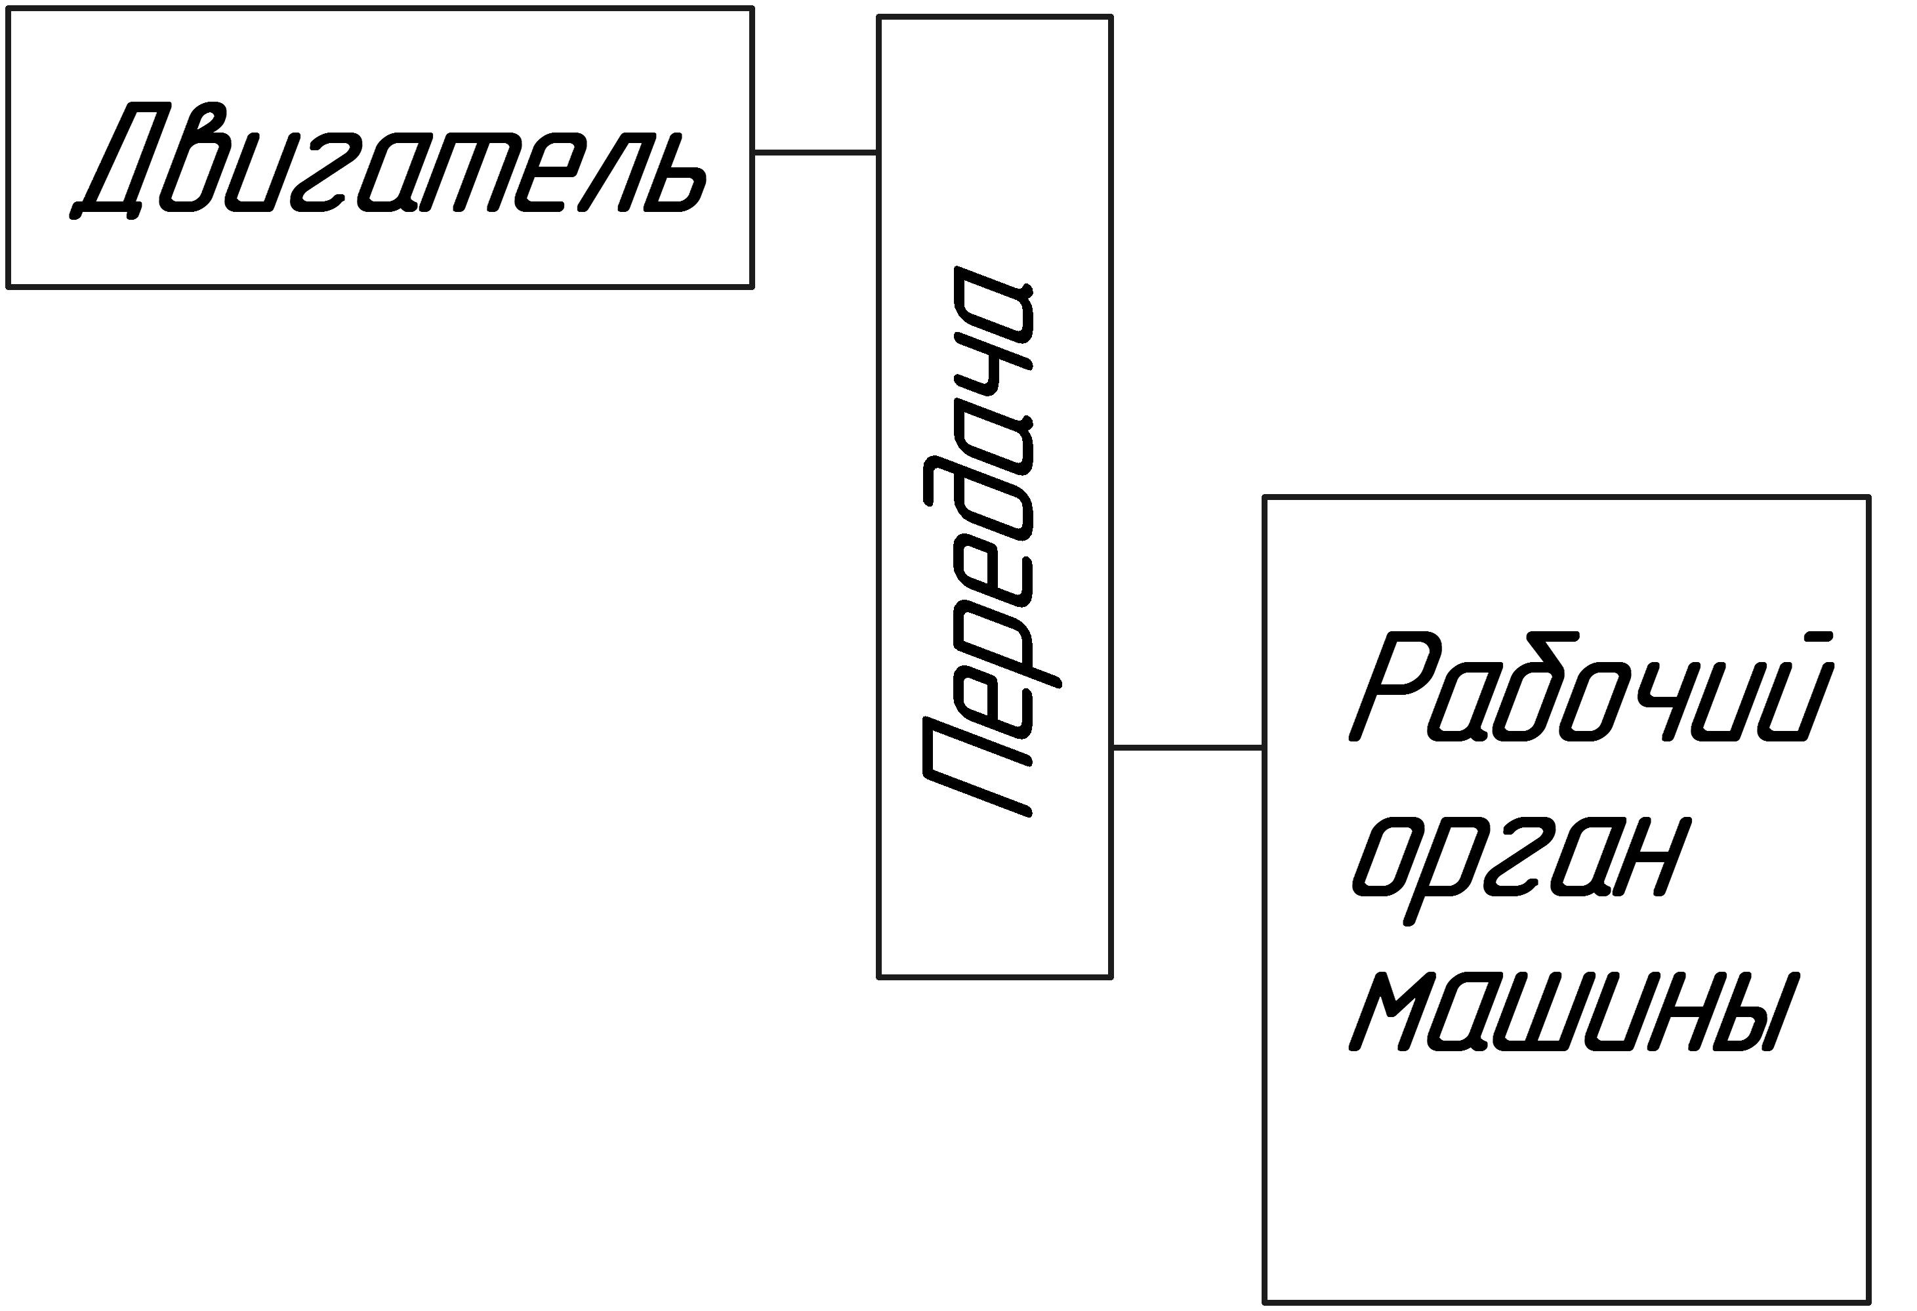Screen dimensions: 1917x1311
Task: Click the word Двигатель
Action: (x=387, y=160)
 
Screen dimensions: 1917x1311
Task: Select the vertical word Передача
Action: (x=991, y=542)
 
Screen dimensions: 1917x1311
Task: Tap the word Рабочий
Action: (x=1591, y=686)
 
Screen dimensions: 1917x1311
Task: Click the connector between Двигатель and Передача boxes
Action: (x=815, y=152)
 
